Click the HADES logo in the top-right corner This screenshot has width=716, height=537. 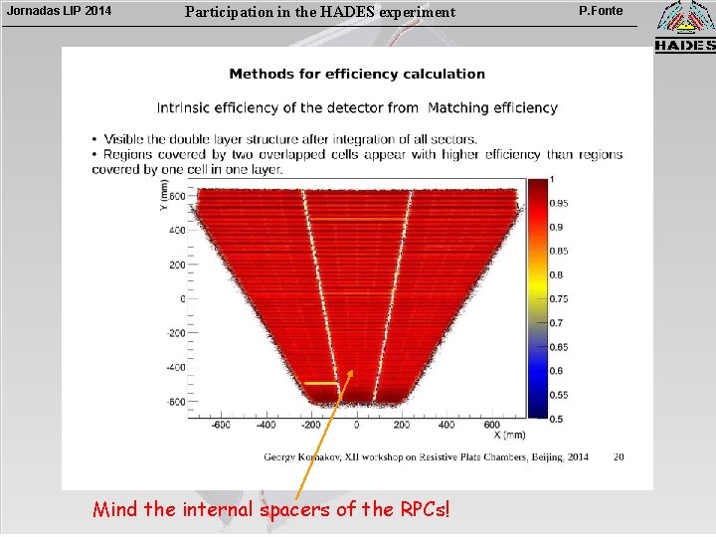(x=684, y=27)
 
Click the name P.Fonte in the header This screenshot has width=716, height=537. (x=601, y=11)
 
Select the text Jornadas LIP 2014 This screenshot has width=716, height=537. (x=60, y=12)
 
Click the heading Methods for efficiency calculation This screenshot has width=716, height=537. (x=357, y=74)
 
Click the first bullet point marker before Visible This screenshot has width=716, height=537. (x=94, y=139)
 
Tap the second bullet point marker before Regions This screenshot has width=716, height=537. (x=94, y=154)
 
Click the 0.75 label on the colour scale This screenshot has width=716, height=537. (x=559, y=298)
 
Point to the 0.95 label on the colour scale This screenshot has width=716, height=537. (x=559, y=203)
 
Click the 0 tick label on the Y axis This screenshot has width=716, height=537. (x=182, y=298)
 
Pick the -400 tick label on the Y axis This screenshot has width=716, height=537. (x=175, y=367)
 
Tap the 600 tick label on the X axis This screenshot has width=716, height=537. (x=491, y=426)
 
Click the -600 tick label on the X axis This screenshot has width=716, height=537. (x=221, y=426)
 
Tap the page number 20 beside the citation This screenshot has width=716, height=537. (x=619, y=457)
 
